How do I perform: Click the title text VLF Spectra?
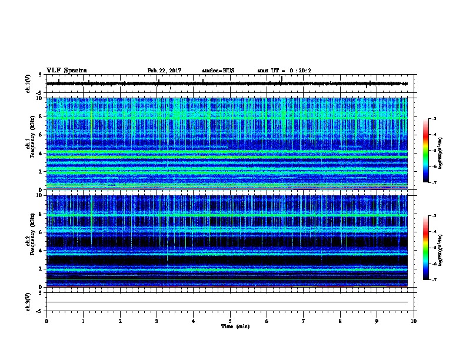click(66, 71)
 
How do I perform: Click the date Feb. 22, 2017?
click(164, 71)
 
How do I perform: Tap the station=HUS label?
click(218, 71)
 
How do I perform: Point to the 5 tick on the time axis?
click(230, 321)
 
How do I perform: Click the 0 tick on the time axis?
click(46, 321)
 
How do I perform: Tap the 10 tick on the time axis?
click(414, 321)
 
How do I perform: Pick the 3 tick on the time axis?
click(157, 321)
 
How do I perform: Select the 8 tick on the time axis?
click(340, 321)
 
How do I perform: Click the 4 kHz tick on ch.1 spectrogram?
click(41, 153)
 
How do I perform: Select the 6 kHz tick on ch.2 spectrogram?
click(41, 232)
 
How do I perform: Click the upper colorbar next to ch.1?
click(425, 151)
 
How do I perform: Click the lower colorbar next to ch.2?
click(425, 248)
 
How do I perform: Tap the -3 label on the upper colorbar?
click(434, 119)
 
